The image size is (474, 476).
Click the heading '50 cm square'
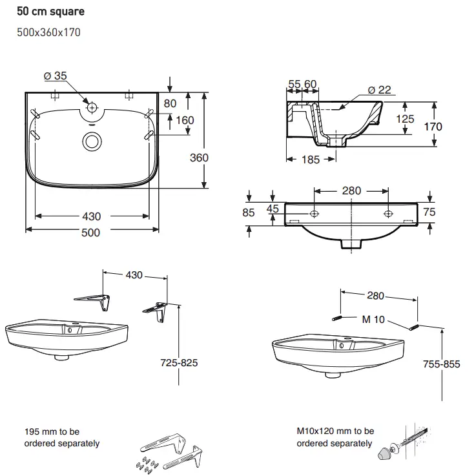pos(51,12)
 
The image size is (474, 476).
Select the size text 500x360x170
pos(48,32)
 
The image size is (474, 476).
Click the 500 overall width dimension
pos(91,233)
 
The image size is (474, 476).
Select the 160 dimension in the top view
pos(185,120)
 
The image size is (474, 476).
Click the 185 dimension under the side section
pos(311,160)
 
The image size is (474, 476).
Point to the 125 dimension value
pos(405,119)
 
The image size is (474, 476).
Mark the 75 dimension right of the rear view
pos(429,212)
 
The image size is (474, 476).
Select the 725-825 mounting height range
pos(179,362)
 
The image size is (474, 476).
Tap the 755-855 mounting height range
pos(442,364)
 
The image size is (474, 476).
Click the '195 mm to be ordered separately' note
pos(62,437)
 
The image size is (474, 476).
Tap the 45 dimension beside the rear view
pos(273,209)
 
